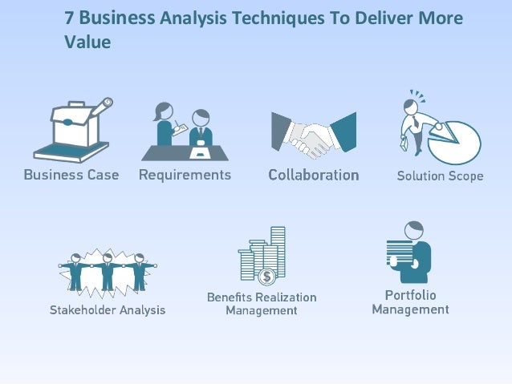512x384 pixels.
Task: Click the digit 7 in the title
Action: (70, 18)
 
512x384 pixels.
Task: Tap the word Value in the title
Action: (87, 42)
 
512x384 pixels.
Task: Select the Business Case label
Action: (71, 174)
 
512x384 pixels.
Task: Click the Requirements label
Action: (185, 174)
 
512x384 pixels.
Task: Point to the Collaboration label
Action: (313, 174)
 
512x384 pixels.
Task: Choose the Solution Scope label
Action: (440, 176)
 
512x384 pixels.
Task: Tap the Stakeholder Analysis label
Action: (108, 309)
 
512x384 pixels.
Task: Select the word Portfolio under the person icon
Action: (411, 294)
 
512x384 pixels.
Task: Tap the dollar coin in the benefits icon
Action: (267, 277)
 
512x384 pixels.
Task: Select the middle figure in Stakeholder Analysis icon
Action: (107, 273)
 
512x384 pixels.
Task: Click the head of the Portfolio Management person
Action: (414, 230)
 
